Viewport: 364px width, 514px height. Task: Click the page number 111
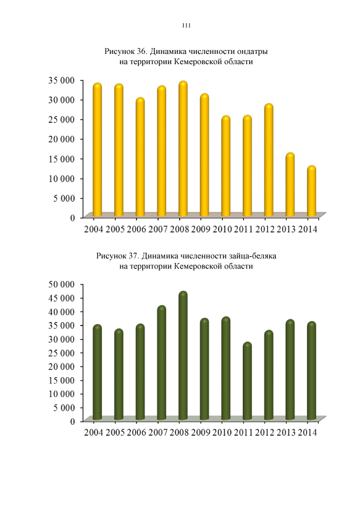tap(186, 26)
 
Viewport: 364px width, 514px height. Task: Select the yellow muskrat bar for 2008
tap(183, 150)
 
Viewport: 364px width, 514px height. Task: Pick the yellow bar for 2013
tap(290, 186)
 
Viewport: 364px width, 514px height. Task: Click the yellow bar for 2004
tap(97, 151)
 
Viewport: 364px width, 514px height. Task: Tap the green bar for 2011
tap(247, 382)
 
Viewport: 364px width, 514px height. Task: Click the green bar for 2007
tap(162, 363)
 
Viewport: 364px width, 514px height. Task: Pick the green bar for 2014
tap(311, 371)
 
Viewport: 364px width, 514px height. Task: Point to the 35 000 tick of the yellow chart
tap(60, 80)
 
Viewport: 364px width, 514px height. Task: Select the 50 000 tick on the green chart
tap(60, 284)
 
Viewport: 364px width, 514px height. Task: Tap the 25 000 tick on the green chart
tap(60, 353)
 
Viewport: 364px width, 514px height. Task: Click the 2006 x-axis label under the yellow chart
tap(136, 229)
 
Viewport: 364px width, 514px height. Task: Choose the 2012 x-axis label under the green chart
tap(264, 433)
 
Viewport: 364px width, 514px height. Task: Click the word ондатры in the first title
tap(250, 51)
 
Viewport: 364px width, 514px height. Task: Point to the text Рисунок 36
tap(122, 51)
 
